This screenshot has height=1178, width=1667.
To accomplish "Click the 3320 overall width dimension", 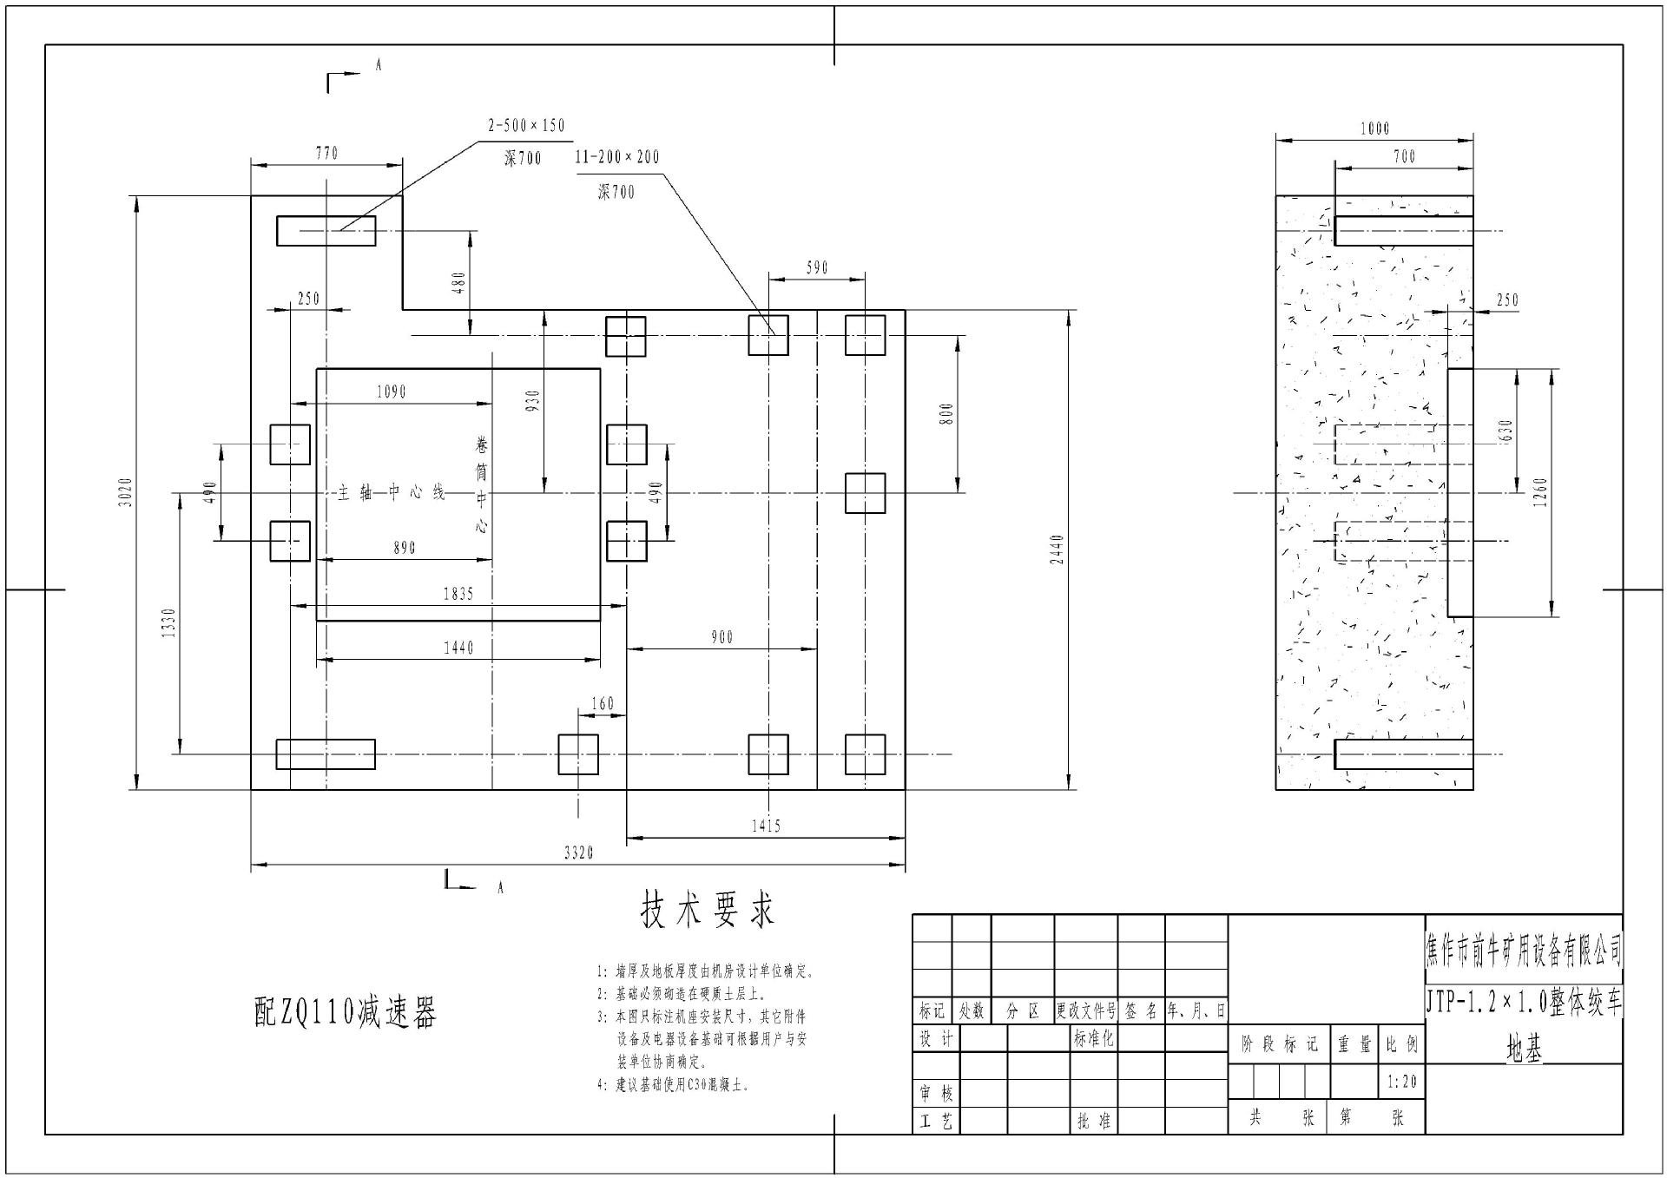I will tap(578, 853).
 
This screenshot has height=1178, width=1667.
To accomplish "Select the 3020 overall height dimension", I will tap(126, 492).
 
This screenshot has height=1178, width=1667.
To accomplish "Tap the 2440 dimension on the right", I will tap(1057, 550).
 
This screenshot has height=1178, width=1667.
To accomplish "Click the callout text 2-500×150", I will tap(526, 126).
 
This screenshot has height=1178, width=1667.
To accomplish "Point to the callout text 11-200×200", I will tap(616, 157).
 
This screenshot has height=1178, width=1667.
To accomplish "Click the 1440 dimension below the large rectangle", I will tap(458, 648).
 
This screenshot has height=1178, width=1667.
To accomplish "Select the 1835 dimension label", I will tap(458, 595).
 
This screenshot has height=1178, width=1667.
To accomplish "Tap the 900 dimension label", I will tap(721, 638).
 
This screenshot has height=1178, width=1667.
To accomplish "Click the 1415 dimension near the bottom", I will tap(766, 826).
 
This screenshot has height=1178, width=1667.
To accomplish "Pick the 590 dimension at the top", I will tap(817, 268).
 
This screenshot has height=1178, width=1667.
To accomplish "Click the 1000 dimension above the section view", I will tap(1374, 129).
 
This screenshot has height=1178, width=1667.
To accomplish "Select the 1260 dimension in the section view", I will tap(1541, 492).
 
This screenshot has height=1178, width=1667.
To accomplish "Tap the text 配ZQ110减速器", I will tap(345, 1012).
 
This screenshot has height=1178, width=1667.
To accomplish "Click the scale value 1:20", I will tap(1401, 1082).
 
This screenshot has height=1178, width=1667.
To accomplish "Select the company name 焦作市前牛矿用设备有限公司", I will tap(1524, 952).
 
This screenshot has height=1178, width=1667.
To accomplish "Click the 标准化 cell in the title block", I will tap(1093, 1038).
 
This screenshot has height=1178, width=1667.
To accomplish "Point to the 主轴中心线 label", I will tap(391, 493).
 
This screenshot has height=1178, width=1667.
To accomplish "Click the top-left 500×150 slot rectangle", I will tap(326, 231).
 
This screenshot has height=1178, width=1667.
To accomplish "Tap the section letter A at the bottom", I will tap(500, 888).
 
